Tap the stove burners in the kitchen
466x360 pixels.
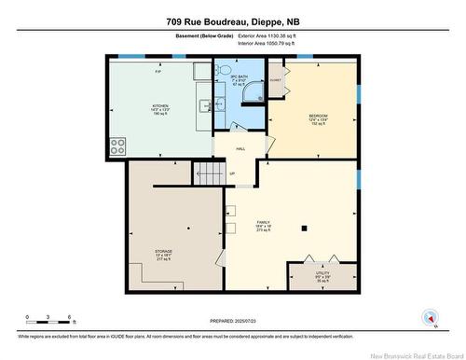click(118, 145)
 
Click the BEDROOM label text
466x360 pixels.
click(319, 117)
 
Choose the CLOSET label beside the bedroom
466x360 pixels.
click(275, 80)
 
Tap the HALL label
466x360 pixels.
click(240, 148)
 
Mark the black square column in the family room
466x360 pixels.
click(304, 228)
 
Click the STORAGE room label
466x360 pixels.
click(164, 252)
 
